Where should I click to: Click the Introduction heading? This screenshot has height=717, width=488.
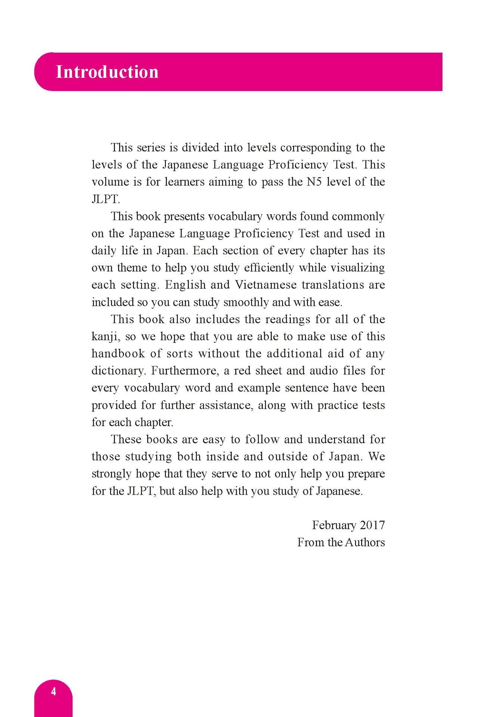coord(107,72)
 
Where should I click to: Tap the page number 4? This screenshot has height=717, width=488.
coord(53,692)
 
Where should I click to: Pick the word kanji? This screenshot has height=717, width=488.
coord(106,336)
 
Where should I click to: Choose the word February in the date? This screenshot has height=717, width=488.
coord(333,525)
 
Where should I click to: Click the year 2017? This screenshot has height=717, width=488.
coord(373,525)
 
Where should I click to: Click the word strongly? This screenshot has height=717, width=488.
coord(112,474)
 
